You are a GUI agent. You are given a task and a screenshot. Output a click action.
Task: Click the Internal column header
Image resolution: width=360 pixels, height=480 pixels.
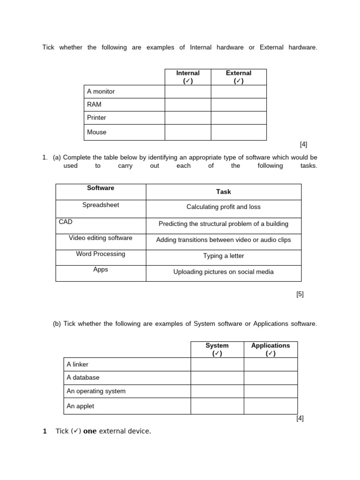click(x=187, y=77)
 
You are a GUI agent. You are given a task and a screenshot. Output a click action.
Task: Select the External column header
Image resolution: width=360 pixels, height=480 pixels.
click(x=239, y=77)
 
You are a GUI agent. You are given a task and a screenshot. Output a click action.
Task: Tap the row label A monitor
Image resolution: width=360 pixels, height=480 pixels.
click(x=101, y=91)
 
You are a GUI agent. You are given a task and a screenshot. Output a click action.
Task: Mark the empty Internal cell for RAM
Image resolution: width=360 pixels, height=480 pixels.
click(x=187, y=105)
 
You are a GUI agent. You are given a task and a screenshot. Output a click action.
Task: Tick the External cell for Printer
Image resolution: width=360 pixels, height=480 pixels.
click(x=239, y=118)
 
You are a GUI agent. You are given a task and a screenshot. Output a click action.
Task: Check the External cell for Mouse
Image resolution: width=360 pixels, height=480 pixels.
click(x=239, y=132)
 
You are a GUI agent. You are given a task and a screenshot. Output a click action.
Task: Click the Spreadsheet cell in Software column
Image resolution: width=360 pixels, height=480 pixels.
click(x=101, y=205)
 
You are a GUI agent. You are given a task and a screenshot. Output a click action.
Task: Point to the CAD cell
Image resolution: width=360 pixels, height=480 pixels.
click(x=66, y=222)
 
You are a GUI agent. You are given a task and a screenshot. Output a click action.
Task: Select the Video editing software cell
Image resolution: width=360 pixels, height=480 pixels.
click(x=101, y=238)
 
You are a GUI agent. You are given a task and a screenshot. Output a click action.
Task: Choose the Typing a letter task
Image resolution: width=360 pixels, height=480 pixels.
click(x=224, y=256)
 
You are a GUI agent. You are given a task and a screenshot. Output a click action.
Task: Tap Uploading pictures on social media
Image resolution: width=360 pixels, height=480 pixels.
click(x=224, y=272)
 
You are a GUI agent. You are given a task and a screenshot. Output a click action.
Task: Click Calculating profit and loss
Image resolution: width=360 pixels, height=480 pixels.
click(x=224, y=207)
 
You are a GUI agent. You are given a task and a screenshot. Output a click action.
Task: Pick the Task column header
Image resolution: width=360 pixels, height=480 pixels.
click(x=224, y=192)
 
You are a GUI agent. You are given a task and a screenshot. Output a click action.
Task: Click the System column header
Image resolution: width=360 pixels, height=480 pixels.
click(x=217, y=349)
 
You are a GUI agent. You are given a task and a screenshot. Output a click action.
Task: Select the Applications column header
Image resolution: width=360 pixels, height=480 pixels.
click(x=270, y=349)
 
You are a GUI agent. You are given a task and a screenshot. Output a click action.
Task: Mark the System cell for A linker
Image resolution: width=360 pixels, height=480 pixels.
click(x=217, y=364)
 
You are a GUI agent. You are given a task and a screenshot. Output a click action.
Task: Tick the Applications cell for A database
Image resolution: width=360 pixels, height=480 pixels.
click(x=270, y=378)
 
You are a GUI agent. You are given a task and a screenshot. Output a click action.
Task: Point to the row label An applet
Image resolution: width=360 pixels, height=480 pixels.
click(x=81, y=406)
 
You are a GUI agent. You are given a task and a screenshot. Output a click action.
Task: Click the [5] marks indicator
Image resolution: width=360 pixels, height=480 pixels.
click(x=300, y=294)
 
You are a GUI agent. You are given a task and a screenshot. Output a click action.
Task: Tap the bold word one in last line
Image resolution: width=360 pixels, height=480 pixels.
click(x=90, y=431)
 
